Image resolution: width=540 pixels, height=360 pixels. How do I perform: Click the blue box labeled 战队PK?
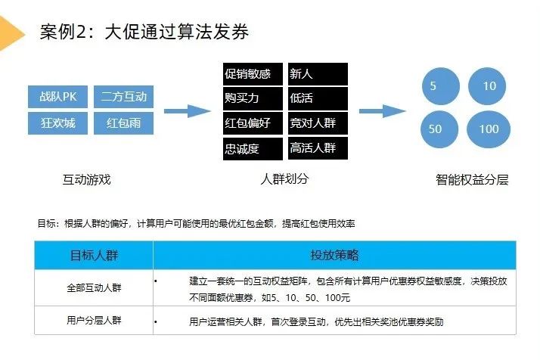(x=58, y=97)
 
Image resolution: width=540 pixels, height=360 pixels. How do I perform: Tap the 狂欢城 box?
(x=58, y=123)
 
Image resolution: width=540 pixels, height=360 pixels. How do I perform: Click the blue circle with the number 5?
(x=433, y=85)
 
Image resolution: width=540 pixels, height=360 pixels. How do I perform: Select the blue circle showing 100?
(x=489, y=129)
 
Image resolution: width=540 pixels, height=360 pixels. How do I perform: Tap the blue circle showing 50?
(x=434, y=129)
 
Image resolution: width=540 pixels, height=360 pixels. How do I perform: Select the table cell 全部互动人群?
(x=94, y=288)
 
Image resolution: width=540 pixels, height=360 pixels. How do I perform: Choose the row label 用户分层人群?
(x=94, y=321)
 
